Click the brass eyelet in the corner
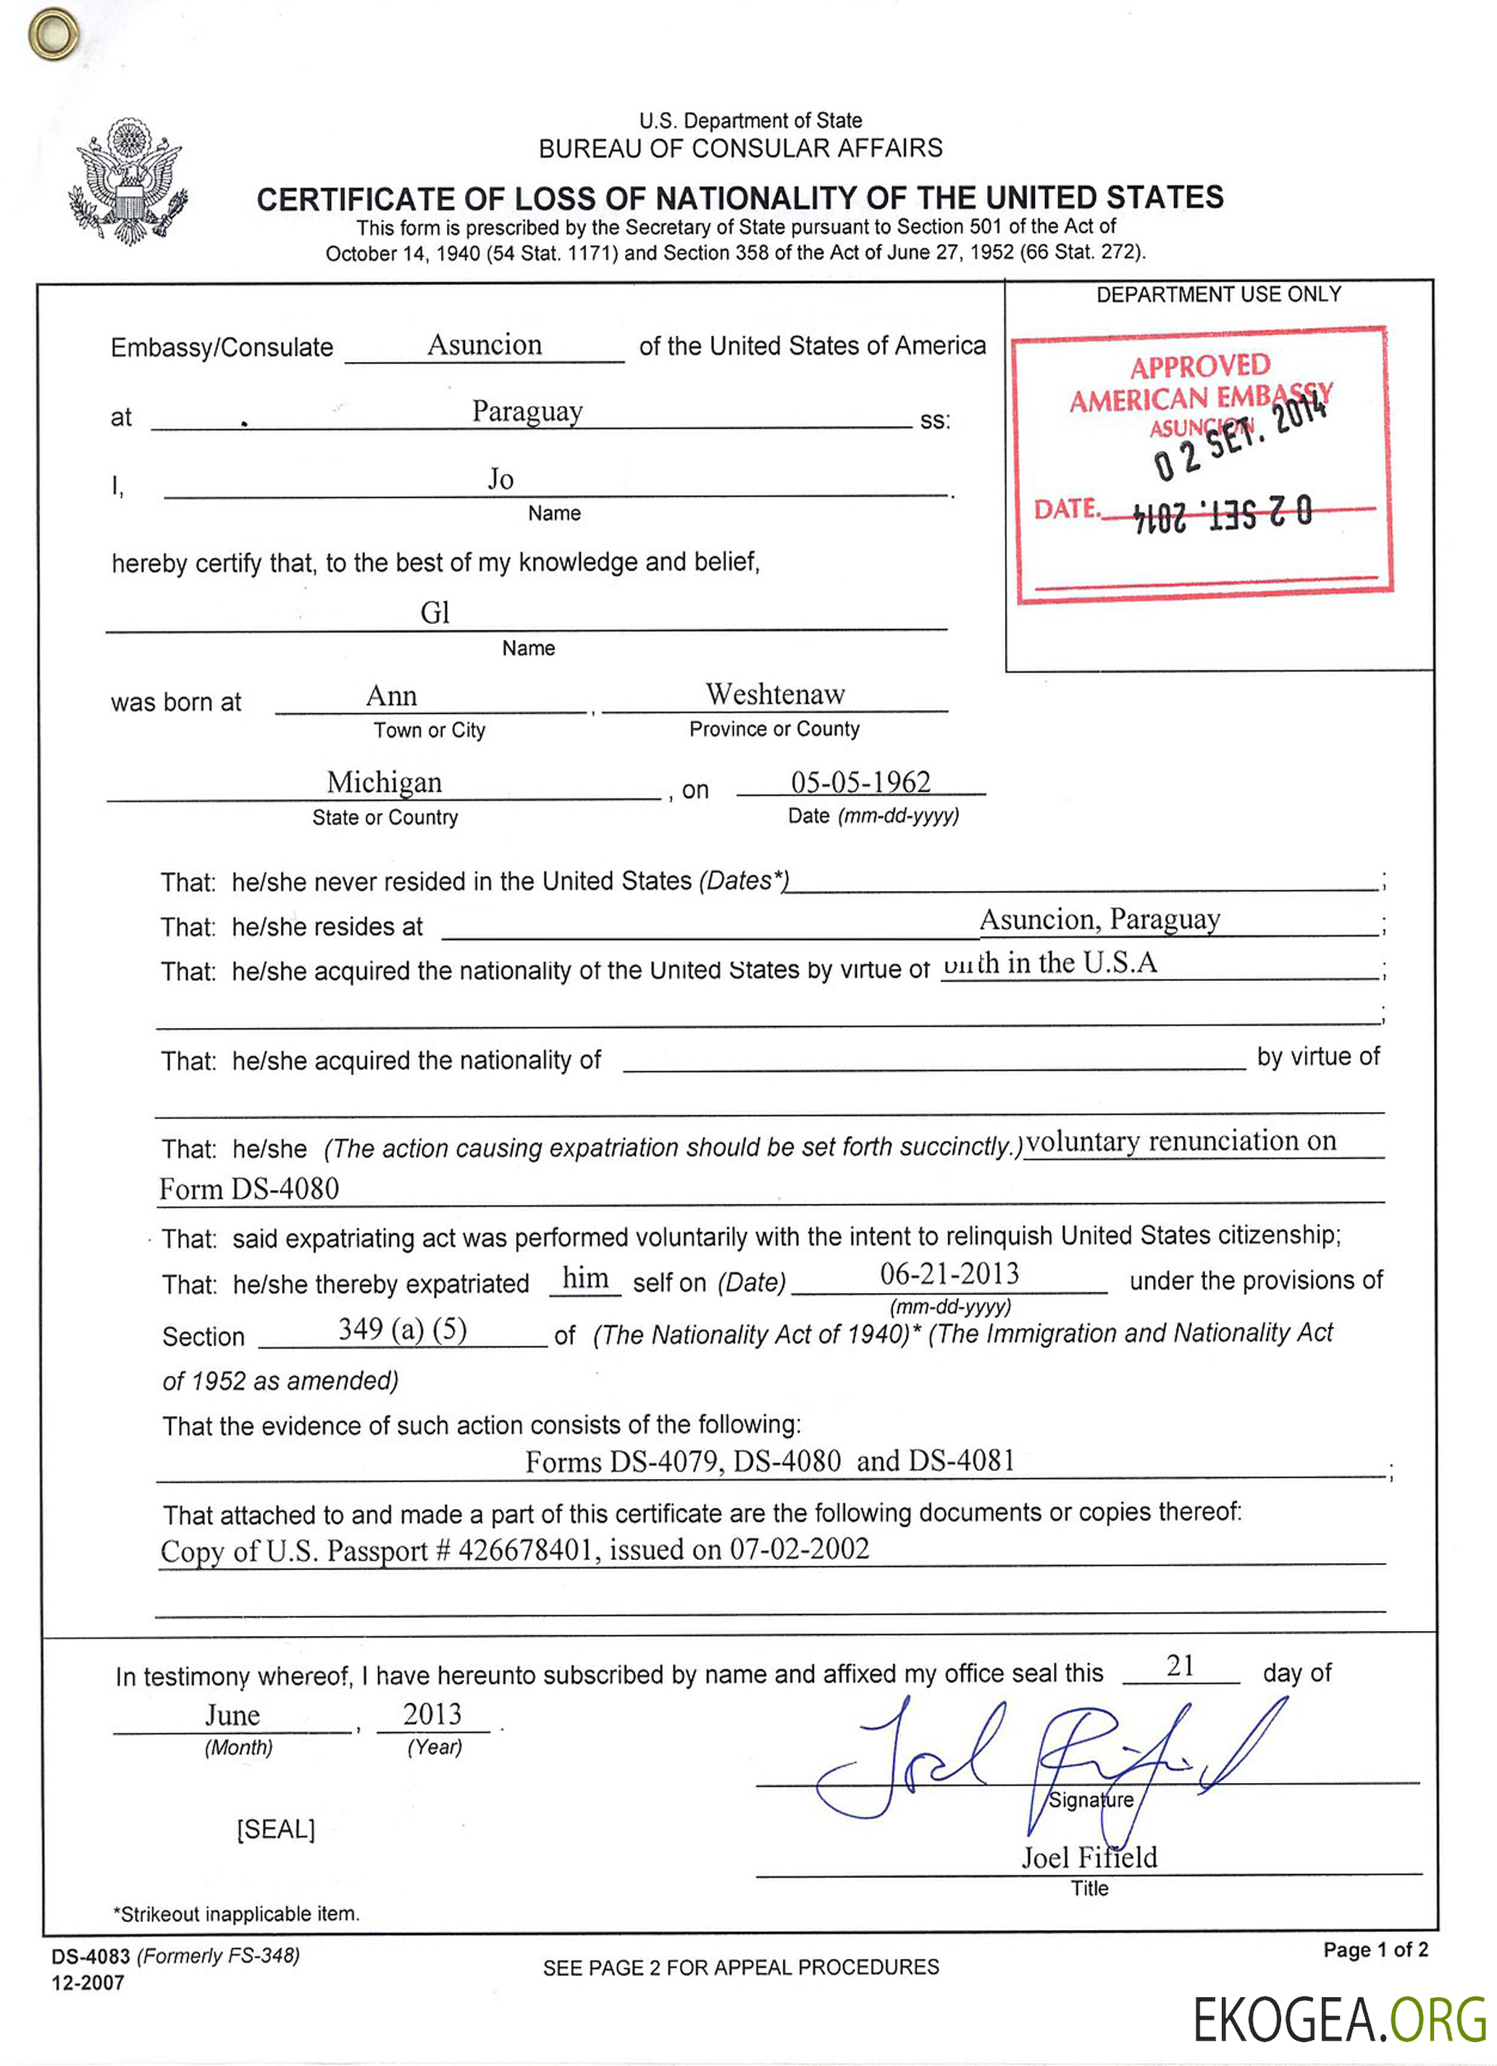(x=53, y=34)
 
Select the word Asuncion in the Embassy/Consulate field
(x=484, y=345)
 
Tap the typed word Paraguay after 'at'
(x=527, y=412)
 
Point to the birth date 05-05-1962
(x=860, y=783)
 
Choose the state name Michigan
(x=384, y=783)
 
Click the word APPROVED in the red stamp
(x=1199, y=366)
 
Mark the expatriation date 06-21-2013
(x=949, y=1273)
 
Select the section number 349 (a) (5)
(x=402, y=1329)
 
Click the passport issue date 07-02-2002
(x=799, y=1548)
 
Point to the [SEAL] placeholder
(x=275, y=1829)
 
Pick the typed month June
(x=232, y=1716)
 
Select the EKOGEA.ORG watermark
(x=1338, y=2020)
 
